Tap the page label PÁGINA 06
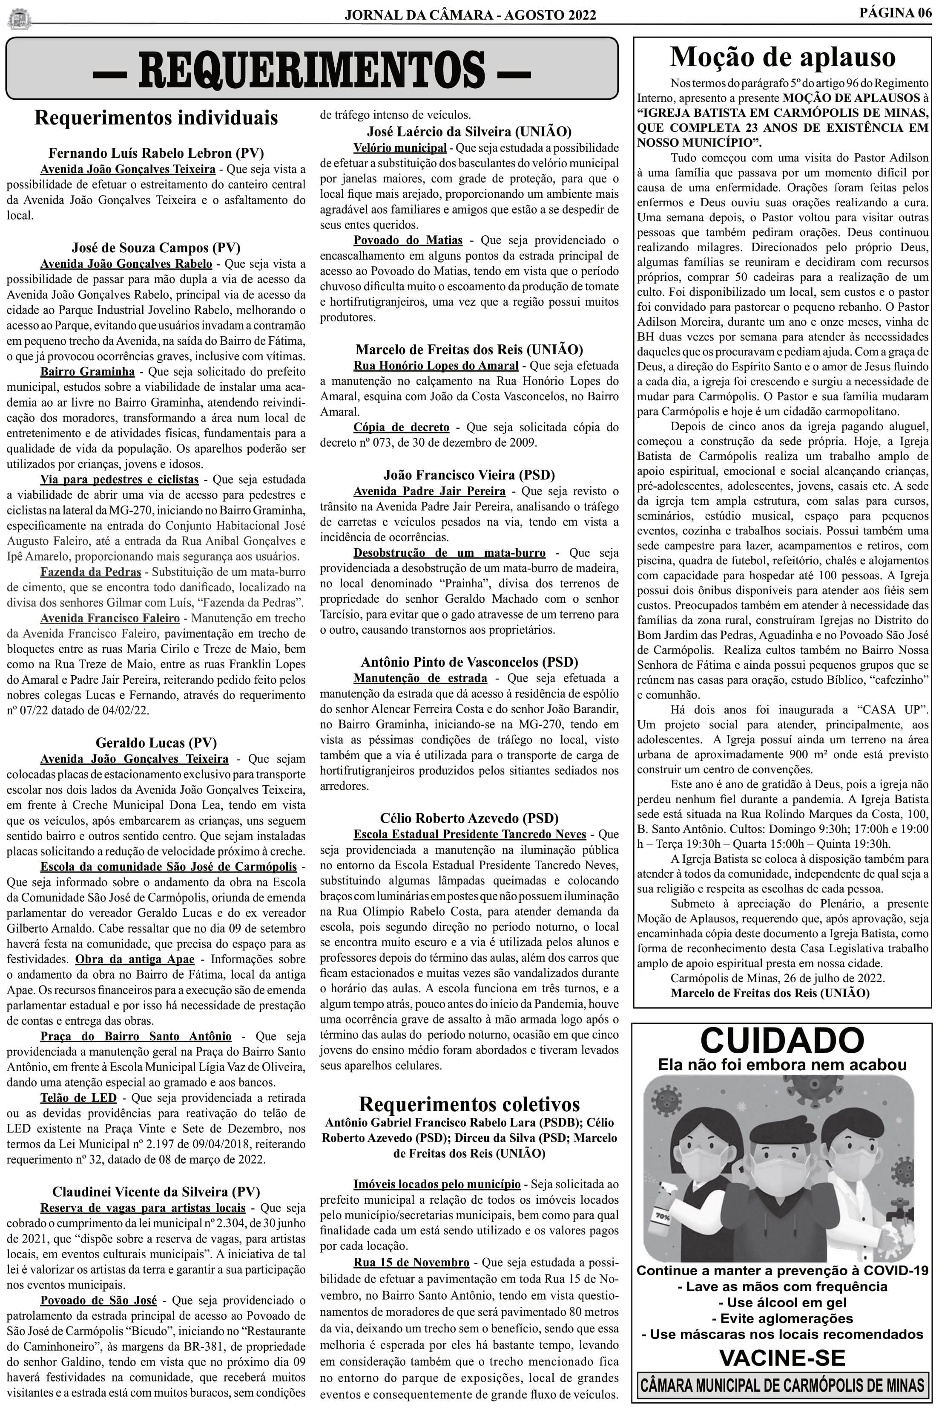(x=895, y=13)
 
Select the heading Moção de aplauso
(x=782, y=57)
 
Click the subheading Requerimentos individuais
(x=156, y=118)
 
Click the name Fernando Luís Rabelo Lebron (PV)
(x=156, y=153)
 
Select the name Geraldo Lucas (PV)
(x=156, y=743)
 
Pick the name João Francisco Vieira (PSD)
(x=469, y=475)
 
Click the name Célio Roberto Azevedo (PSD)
(x=469, y=818)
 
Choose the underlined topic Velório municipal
(x=399, y=148)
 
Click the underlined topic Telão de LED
(x=78, y=1098)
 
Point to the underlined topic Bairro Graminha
(x=87, y=372)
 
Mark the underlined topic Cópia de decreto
(x=401, y=427)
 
